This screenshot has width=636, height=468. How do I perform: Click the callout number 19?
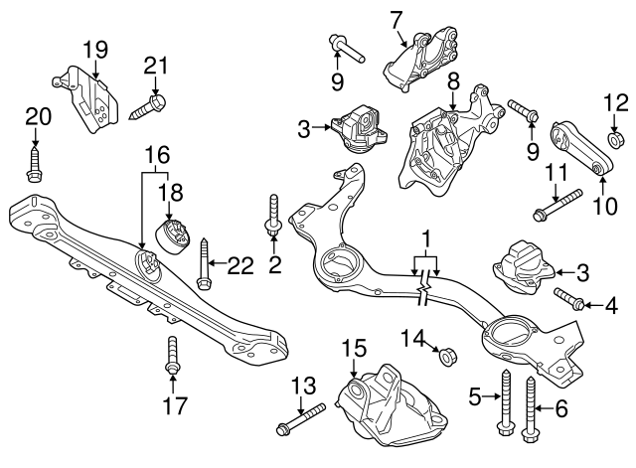pos(95,50)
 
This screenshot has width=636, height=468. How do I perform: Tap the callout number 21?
pos(156,66)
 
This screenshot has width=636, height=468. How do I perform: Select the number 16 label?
pos(158,155)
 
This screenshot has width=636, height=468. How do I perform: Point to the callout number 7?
pos(396,20)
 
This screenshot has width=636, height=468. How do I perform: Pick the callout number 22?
pos(240,266)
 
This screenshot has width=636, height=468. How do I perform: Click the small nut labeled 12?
pos(614,139)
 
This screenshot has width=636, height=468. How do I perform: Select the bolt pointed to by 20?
pos(35,166)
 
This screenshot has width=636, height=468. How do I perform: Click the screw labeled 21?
pos(148,106)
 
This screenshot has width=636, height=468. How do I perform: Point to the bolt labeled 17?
pos(172,354)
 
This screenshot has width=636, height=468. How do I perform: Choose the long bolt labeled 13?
pos(300,418)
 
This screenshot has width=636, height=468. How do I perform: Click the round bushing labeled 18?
pos(173,236)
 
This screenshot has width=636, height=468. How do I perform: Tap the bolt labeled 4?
pos(568,298)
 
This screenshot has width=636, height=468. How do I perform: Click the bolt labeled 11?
pos(558,205)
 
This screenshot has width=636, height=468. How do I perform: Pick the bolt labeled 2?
pos(274,215)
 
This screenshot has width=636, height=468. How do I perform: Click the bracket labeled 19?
pos(86,99)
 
